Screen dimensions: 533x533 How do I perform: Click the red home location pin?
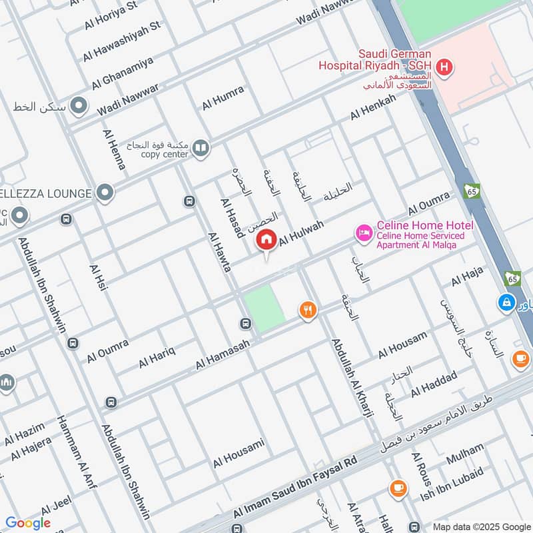pyautogui.click(x=267, y=240)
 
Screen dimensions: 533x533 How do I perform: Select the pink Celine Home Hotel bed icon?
pyautogui.click(x=364, y=233)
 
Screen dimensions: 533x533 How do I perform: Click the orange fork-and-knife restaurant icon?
pyautogui.click(x=307, y=310)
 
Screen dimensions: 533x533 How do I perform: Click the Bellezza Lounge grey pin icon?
pyautogui.click(x=104, y=193)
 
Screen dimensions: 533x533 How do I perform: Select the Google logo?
pyautogui.click(x=28, y=523)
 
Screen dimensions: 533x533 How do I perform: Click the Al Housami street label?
pyautogui.click(x=239, y=453)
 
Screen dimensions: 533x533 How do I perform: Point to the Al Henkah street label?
pyautogui.click(x=373, y=107)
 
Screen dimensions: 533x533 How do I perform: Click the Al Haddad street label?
pyautogui.click(x=434, y=384)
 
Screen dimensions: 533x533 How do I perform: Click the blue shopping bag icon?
pyautogui.click(x=507, y=302)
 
